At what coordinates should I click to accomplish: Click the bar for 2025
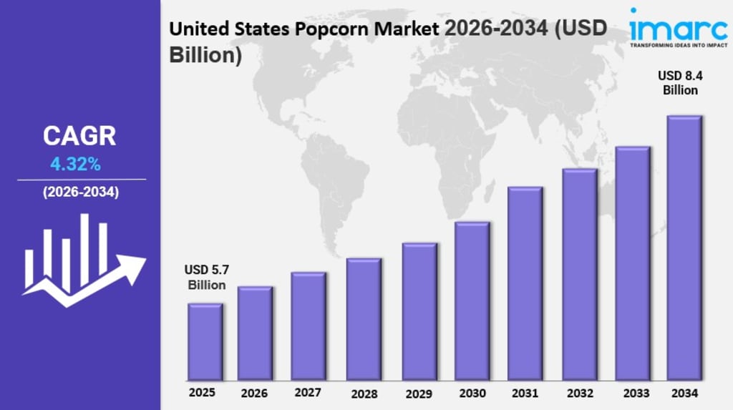click(x=205, y=342)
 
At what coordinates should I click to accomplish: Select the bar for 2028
click(x=364, y=319)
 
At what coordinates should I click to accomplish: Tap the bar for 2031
click(x=525, y=283)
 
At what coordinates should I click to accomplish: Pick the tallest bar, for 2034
click(x=684, y=248)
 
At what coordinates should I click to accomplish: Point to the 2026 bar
click(x=255, y=333)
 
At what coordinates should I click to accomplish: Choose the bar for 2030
click(x=472, y=301)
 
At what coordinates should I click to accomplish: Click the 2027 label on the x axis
click(x=308, y=393)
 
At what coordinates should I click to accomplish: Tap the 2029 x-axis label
click(x=419, y=394)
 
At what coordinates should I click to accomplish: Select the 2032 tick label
click(x=580, y=394)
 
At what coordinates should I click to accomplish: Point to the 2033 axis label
click(x=636, y=394)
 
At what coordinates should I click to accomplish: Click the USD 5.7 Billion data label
click(x=207, y=277)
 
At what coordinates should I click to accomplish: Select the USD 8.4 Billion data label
click(x=680, y=83)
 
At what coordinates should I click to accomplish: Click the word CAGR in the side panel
click(x=79, y=136)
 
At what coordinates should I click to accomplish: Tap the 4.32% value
click(x=75, y=164)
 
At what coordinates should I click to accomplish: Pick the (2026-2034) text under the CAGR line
click(x=81, y=192)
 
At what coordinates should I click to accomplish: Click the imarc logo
click(x=679, y=28)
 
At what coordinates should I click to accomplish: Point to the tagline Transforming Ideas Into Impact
click(x=679, y=45)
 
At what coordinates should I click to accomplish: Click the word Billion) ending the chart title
click(x=205, y=54)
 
